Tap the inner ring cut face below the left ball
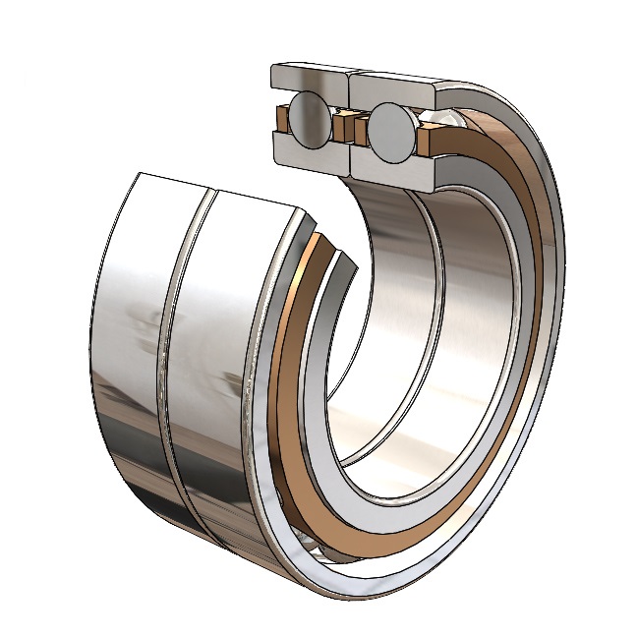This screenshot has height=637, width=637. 310,152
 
